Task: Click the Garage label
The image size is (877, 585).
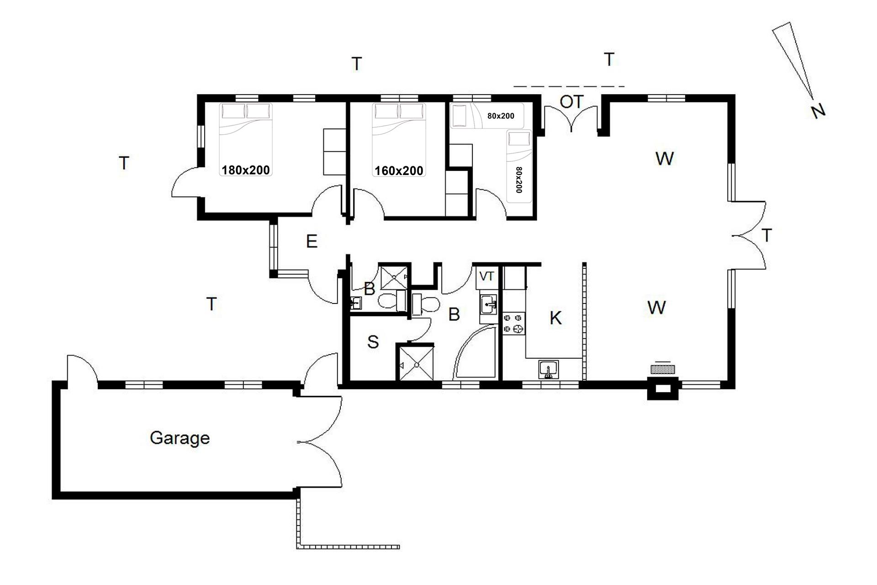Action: click(x=180, y=438)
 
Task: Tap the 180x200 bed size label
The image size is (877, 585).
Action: click(x=246, y=170)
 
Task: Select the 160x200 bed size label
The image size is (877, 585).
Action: click(x=399, y=170)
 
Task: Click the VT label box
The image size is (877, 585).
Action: click(x=487, y=277)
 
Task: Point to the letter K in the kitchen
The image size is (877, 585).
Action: click(x=555, y=318)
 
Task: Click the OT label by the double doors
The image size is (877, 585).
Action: click(x=571, y=101)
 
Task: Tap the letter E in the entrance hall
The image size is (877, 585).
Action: click(x=312, y=241)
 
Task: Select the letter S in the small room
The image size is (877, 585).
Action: click(x=373, y=341)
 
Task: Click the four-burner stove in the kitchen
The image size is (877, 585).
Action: click(x=514, y=323)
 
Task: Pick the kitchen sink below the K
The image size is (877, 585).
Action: click(x=549, y=370)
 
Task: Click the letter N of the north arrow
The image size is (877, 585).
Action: click(x=818, y=111)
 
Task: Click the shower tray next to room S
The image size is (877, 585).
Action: click(x=415, y=363)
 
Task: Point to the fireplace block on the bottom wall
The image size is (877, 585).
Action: click(x=663, y=388)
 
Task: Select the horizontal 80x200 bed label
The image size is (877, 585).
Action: click(x=501, y=116)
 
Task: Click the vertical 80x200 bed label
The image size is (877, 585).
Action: click(x=519, y=180)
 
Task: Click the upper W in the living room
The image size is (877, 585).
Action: click(x=665, y=159)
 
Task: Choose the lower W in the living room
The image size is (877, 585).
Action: click(x=656, y=308)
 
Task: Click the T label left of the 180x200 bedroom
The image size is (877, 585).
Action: click(x=124, y=163)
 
